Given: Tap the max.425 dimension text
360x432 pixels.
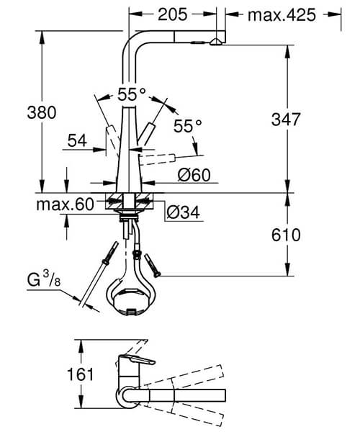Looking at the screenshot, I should coord(282,14).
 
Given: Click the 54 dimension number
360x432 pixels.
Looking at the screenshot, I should coord(77,142).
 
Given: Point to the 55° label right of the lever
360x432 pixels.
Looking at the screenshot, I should coord(188,125).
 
